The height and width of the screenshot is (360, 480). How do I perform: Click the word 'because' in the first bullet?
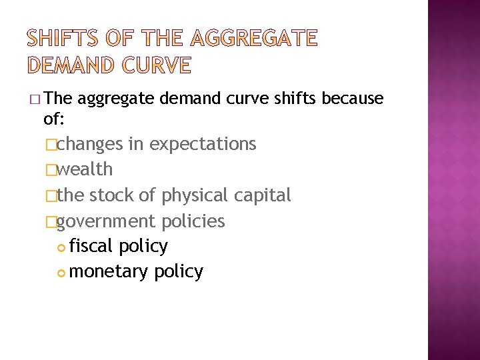[x=353, y=99]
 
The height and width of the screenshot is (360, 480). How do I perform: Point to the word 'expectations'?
[x=203, y=144]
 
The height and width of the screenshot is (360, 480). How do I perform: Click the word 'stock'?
[x=112, y=195]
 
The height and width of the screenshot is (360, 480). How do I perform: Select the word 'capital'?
[x=264, y=195]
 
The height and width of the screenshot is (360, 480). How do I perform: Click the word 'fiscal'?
[x=91, y=246]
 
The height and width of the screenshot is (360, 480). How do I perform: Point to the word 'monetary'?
[x=109, y=271]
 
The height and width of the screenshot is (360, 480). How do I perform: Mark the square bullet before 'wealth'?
[x=51, y=170]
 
